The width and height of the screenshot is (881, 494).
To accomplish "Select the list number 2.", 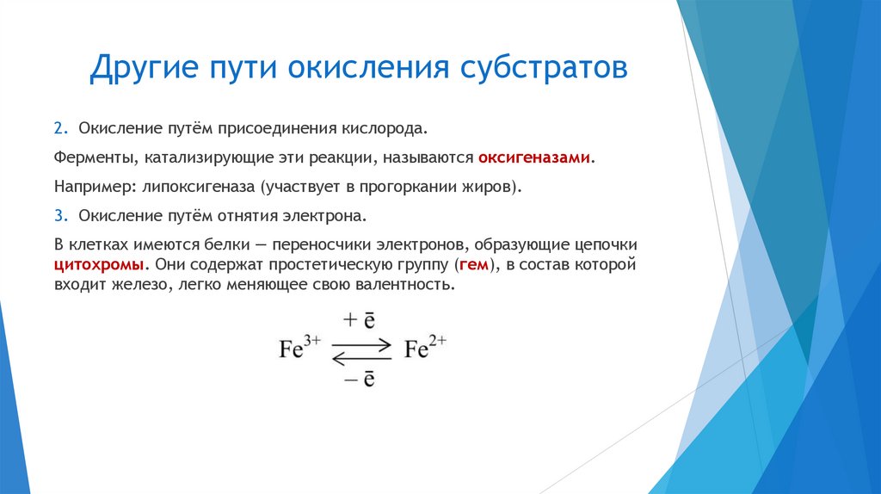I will [59, 129].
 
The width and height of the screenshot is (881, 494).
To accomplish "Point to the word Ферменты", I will [92, 158].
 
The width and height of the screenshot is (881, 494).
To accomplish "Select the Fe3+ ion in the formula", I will [299, 349].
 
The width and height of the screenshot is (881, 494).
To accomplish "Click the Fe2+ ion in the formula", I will [425, 349].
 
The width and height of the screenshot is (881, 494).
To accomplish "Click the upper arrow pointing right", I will [361, 343].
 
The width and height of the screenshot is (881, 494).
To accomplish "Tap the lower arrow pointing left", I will [361, 356].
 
